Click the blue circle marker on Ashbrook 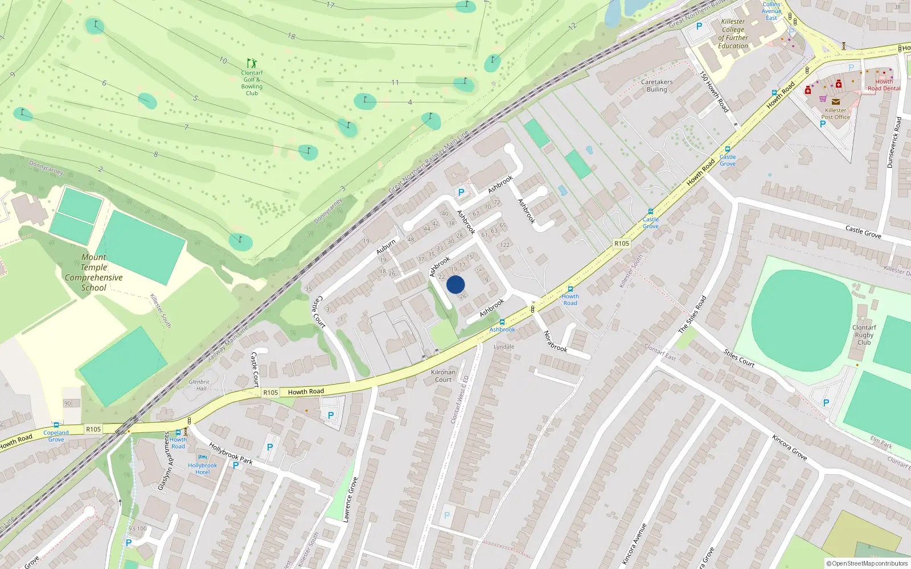click(x=455, y=284)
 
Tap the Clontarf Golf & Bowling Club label click(x=252, y=83)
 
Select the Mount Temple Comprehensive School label click(x=94, y=273)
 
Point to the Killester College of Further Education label click(x=733, y=34)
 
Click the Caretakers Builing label click(x=656, y=86)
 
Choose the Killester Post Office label click(x=835, y=114)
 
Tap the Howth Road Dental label click(x=884, y=85)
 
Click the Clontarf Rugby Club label click(x=864, y=335)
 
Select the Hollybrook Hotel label click(x=203, y=469)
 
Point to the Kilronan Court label click(x=443, y=376)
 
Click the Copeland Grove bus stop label click(x=56, y=436)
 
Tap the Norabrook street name click(x=555, y=341)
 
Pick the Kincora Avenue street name click(x=635, y=543)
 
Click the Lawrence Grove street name click(x=351, y=500)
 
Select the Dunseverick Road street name click(x=894, y=142)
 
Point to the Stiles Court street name click(x=739, y=358)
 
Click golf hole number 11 click(x=395, y=83)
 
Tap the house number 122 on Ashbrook click(x=504, y=245)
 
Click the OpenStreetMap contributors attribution click(x=867, y=563)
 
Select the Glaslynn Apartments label click(x=164, y=461)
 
